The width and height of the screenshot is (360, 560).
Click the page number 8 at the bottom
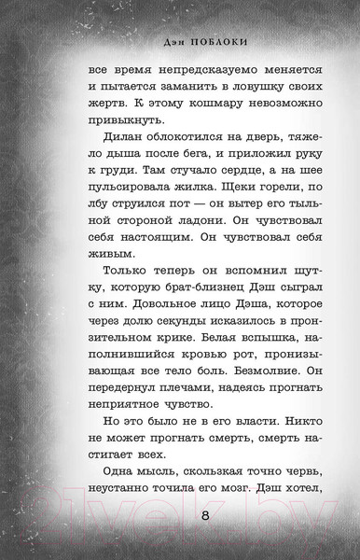click(191, 516)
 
